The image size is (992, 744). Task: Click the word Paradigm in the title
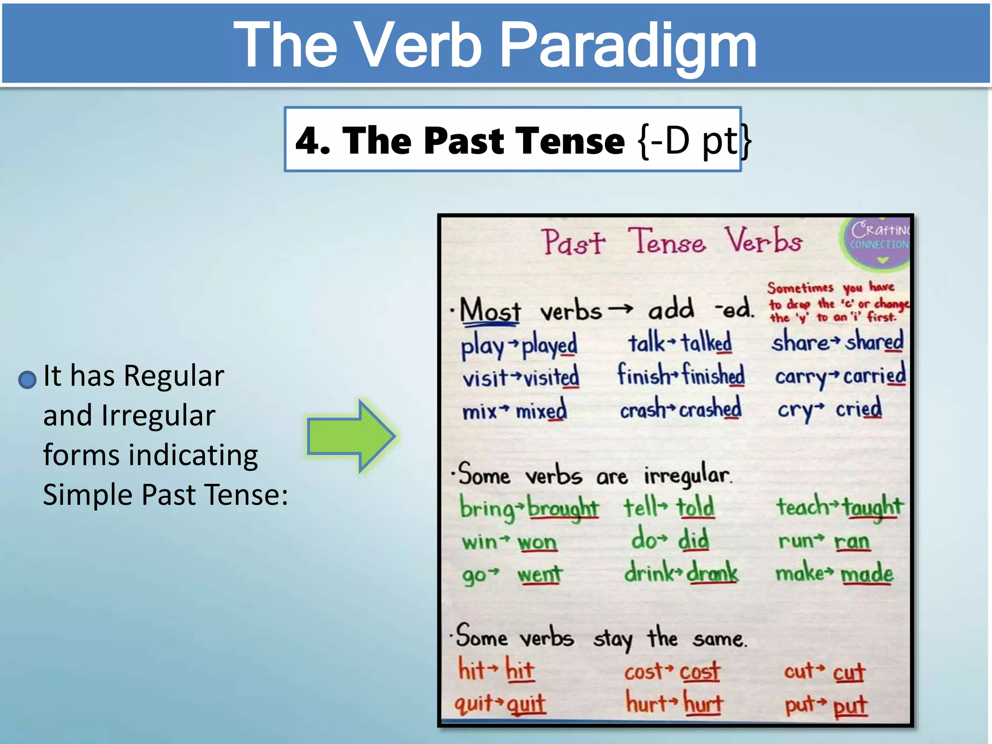coord(627,46)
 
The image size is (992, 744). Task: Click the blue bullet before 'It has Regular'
coord(27,379)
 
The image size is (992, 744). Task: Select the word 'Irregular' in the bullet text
coord(158,416)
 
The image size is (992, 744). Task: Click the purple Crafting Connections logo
coord(878,241)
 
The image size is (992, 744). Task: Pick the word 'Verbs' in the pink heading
coord(763,241)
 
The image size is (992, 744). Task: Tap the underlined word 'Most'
coord(490,310)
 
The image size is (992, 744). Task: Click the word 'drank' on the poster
coord(712,573)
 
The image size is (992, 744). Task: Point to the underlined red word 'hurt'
coord(703,703)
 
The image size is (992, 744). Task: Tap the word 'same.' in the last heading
coord(720,639)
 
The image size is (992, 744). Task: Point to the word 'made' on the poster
coord(867,574)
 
